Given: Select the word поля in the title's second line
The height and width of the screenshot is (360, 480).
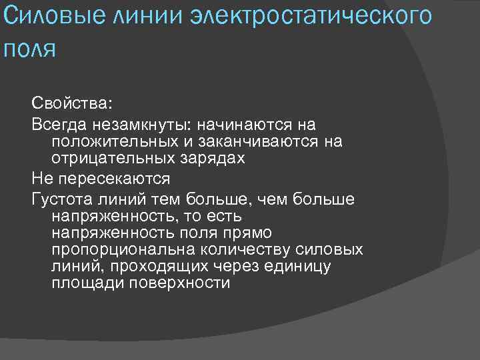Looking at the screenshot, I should pos(29,49).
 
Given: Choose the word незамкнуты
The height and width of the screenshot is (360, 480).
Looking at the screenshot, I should pos(135,124).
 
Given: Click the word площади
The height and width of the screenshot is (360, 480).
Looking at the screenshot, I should pos(81,283).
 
